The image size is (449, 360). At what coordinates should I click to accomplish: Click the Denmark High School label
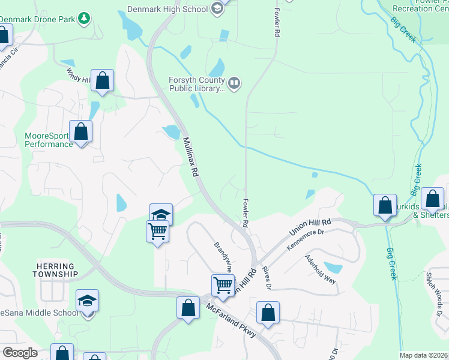pos(167,9)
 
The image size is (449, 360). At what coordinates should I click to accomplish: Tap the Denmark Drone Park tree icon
pos(85,19)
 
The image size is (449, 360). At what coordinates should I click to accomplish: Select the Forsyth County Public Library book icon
pos(234,83)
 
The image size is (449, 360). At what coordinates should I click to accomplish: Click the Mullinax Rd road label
pos(190,155)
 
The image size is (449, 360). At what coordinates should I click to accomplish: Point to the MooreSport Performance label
pos(49,140)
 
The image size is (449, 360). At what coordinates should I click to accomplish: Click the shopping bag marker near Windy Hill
pos(103,80)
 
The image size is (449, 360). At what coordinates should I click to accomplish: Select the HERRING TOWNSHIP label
pos(56,270)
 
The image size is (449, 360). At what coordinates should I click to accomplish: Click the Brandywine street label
pos(223,256)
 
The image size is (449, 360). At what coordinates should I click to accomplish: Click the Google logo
pos(20,353)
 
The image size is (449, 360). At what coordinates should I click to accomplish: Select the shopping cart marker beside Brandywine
pos(223,286)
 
